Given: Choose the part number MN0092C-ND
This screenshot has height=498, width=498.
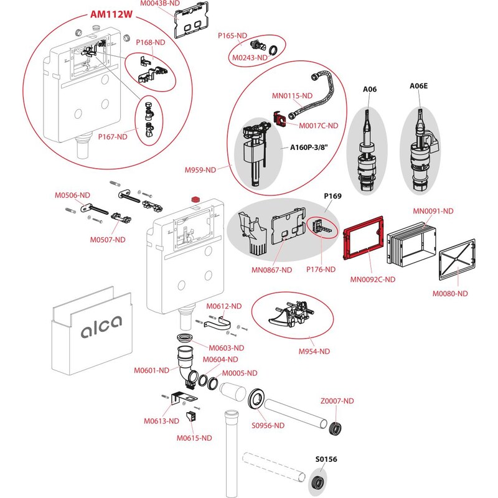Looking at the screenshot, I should click(x=373, y=280).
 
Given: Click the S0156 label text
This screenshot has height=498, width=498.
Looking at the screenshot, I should click(x=325, y=459).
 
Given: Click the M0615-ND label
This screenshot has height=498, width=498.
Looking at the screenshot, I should click(x=194, y=438).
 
